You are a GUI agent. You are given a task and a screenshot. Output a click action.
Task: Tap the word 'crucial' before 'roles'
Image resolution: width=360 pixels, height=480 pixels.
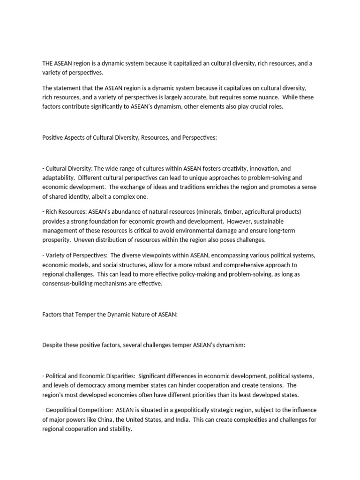pos(255,106)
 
